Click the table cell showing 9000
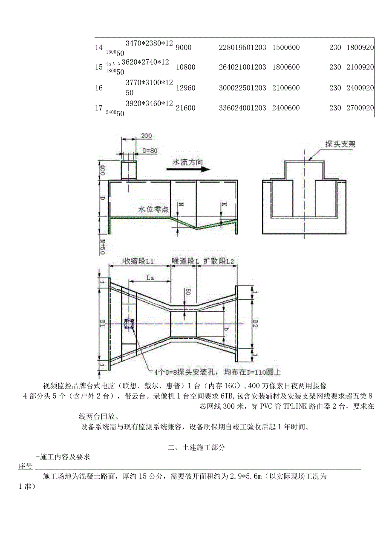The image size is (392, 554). point(184,48)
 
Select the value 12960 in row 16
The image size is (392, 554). point(185,88)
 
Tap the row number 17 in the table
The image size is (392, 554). point(98,108)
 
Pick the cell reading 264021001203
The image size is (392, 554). point(242,67)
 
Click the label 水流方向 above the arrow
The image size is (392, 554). point(187,162)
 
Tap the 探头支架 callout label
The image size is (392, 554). point(340,144)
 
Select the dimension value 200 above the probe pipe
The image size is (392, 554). point(146,136)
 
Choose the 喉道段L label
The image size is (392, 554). point(185,261)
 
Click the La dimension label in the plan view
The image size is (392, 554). point(150,277)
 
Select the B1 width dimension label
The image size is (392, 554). point(102,323)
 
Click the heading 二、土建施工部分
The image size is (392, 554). point(196,448)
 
